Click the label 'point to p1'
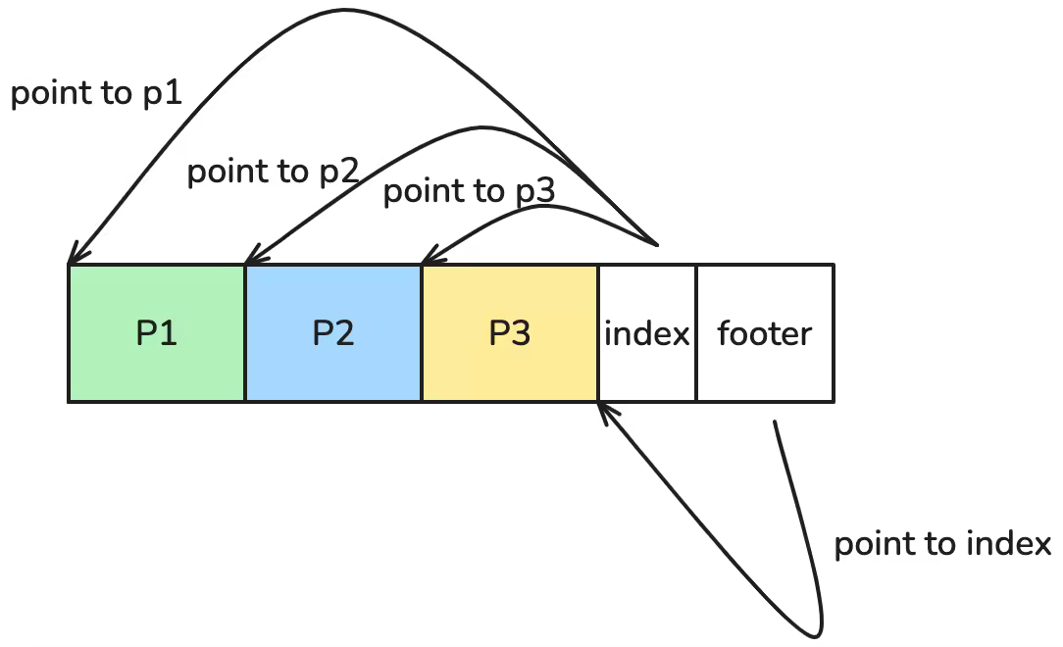(x=97, y=94)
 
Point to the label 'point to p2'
(x=274, y=172)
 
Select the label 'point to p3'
(x=469, y=191)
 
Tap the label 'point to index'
(x=942, y=544)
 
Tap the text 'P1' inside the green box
(x=157, y=334)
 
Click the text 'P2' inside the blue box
(x=333, y=334)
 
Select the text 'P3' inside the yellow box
(x=510, y=334)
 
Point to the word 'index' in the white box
(x=647, y=334)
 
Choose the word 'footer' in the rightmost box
(x=765, y=334)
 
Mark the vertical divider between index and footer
(x=696, y=333)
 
